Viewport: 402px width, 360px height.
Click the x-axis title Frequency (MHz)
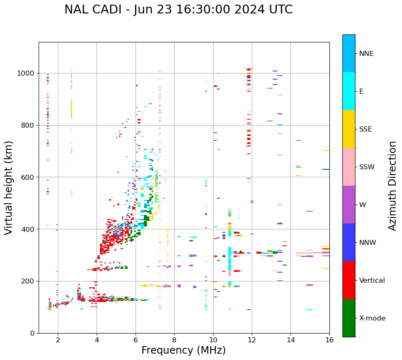(x=183, y=350)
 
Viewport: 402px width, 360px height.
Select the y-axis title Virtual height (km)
(x=9, y=187)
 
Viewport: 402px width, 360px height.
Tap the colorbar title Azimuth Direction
(x=392, y=186)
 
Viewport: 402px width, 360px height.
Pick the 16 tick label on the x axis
(x=329, y=340)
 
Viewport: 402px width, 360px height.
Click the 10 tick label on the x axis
(x=213, y=340)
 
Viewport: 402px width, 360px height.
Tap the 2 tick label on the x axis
(x=58, y=340)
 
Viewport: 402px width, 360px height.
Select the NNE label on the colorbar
(x=366, y=54)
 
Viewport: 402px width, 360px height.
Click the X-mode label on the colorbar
(x=372, y=318)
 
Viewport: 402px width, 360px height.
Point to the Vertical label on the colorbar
(x=372, y=281)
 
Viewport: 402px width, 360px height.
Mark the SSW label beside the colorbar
(x=367, y=167)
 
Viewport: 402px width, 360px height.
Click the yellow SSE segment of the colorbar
(x=349, y=129)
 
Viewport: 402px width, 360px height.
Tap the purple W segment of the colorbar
(x=349, y=205)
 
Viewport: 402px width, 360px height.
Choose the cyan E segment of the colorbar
(x=349, y=91)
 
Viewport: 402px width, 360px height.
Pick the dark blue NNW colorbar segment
(x=349, y=242)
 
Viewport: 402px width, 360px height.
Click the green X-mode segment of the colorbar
(x=349, y=318)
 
